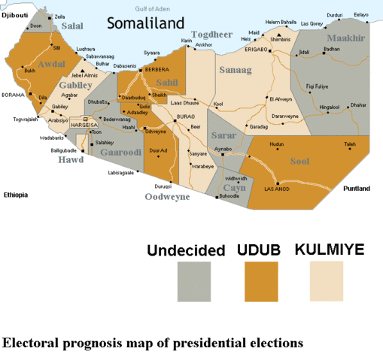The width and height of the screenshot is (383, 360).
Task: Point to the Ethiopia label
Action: tap(15, 195)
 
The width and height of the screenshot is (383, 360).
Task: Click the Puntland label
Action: tap(356, 189)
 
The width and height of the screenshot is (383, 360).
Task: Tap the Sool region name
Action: tap(299, 161)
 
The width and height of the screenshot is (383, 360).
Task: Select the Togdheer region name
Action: tap(213, 35)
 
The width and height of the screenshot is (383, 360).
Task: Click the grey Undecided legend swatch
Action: tap(193, 280)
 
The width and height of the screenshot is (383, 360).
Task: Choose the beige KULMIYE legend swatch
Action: tap(327, 280)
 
